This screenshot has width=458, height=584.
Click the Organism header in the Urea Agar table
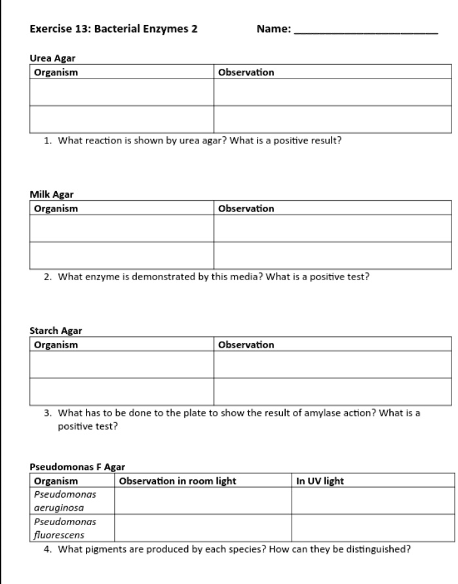(x=56, y=72)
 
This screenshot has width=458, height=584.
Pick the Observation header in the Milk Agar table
(x=246, y=208)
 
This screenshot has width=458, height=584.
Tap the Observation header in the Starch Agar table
(x=246, y=344)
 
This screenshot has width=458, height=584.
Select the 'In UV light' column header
(x=320, y=481)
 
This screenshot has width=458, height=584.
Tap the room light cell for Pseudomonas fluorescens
(x=204, y=528)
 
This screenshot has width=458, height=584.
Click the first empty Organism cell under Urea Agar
(x=121, y=92)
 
